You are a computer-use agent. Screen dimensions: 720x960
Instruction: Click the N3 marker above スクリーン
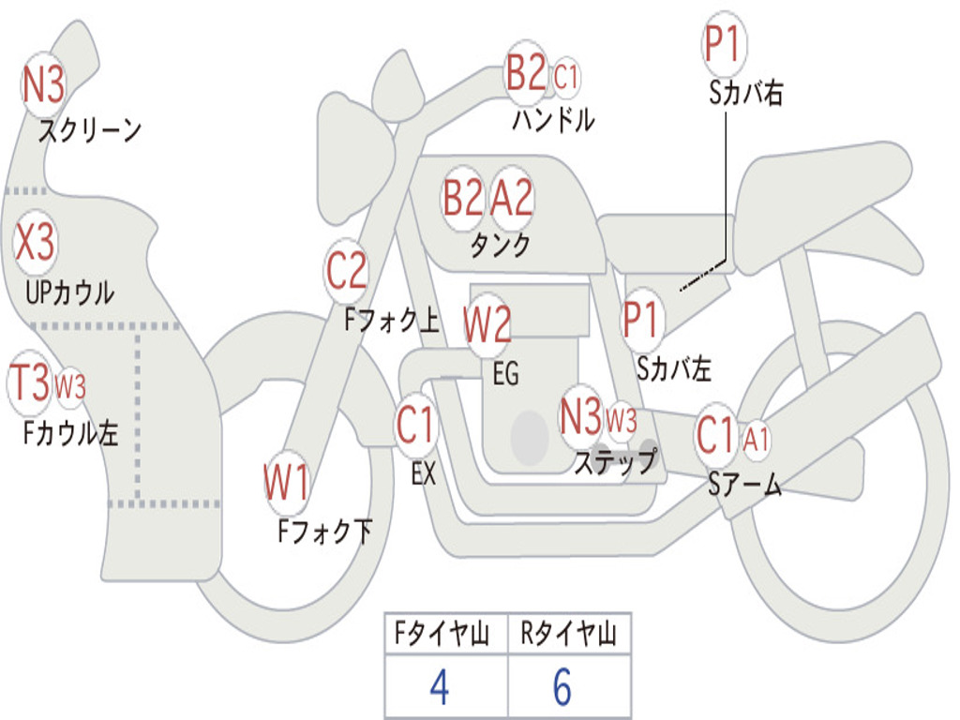(x=43, y=86)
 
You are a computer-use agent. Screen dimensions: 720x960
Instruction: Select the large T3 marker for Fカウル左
(x=29, y=382)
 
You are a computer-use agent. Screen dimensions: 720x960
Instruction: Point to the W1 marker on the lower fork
(x=287, y=484)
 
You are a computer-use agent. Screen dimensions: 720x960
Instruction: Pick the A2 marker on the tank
(x=512, y=198)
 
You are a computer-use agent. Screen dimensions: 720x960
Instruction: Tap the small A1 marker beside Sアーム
(x=757, y=438)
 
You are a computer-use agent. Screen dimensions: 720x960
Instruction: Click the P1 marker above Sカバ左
(x=643, y=320)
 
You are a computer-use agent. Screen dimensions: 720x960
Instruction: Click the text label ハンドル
(x=553, y=120)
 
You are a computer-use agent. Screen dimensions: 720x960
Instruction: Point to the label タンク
(x=500, y=245)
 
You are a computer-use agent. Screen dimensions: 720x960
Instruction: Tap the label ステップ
(x=615, y=461)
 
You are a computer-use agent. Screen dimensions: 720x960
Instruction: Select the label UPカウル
(x=68, y=292)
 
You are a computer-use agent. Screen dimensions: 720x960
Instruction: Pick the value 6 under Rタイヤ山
(x=562, y=688)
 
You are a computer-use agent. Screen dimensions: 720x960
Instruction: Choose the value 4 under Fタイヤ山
(x=439, y=688)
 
